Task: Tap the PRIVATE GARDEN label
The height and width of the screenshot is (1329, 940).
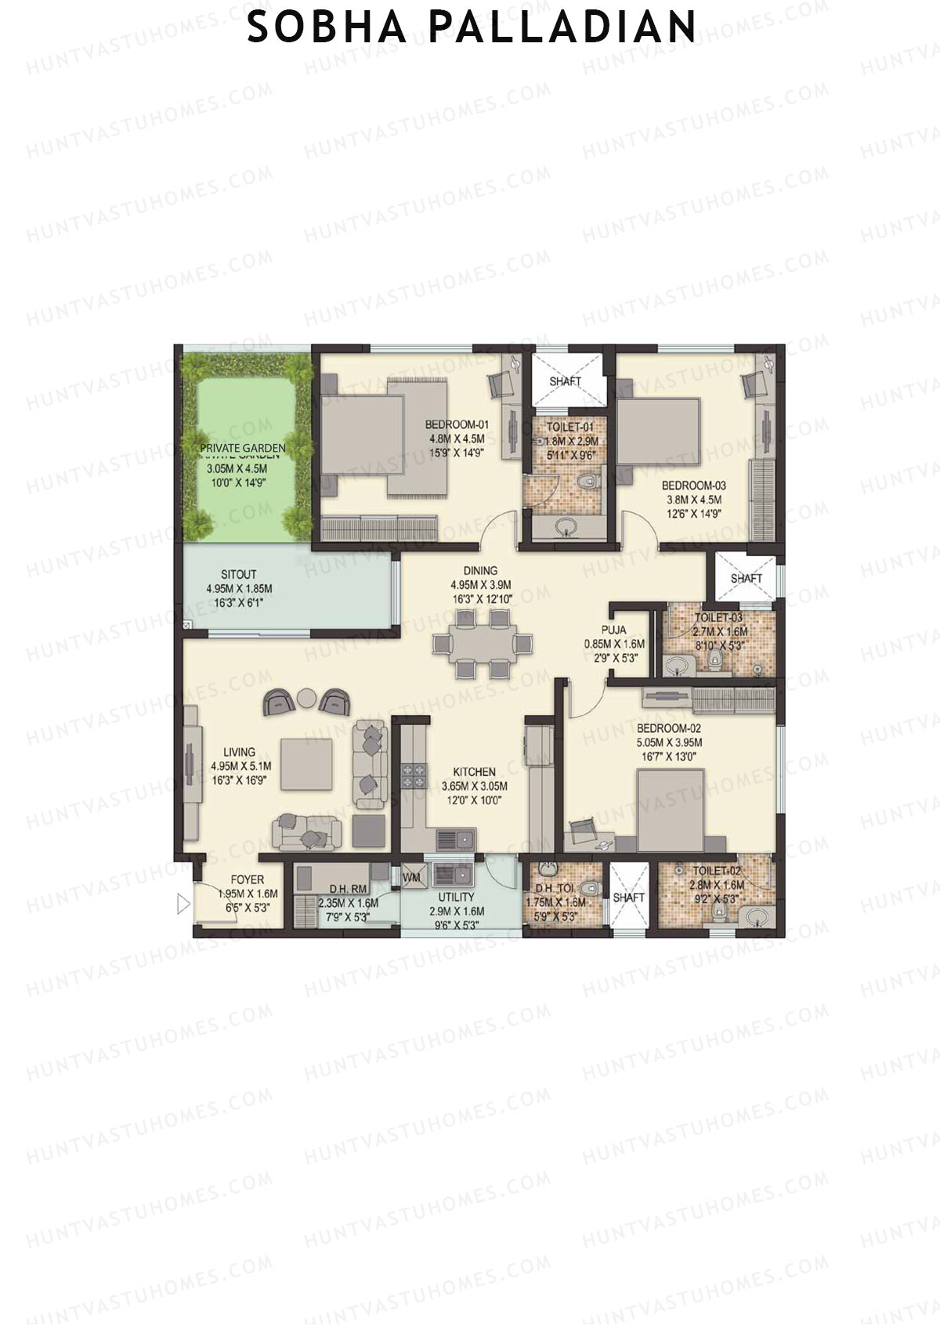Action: pyautogui.click(x=242, y=450)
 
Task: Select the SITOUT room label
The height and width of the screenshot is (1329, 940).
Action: pyautogui.click(x=239, y=574)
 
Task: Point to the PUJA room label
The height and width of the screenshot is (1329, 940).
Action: pyautogui.click(x=613, y=630)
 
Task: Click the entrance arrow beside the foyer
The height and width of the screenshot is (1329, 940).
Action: pyautogui.click(x=183, y=905)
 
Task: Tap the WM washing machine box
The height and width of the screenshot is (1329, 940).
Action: pyautogui.click(x=412, y=878)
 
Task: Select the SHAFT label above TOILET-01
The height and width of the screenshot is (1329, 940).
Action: pyautogui.click(x=566, y=381)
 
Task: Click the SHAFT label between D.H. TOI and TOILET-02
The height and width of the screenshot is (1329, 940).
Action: pyautogui.click(x=628, y=897)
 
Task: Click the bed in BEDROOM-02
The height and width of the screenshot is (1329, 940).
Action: pyautogui.click(x=671, y=810)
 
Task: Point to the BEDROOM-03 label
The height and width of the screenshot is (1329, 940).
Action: pyautogui.click(x=693, y=486)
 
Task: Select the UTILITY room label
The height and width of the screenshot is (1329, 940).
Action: pyautogui.click(x=457, y=897)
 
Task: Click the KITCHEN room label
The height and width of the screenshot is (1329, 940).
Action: pyautogui.click(x=474, y=772)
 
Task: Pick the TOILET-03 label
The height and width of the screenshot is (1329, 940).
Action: pyautogui.click(x=718, y=618)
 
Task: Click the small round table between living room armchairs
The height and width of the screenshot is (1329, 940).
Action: pyautogui.click(x=307, y=697)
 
